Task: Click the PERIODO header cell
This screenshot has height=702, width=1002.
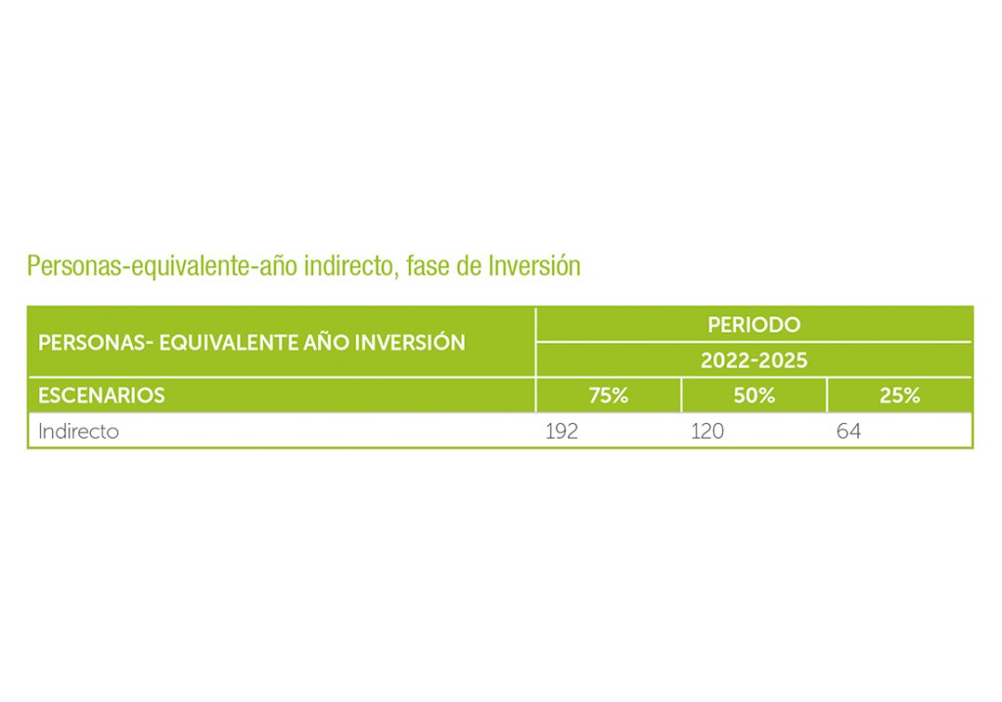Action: pyautogui.click(x=753, y=325)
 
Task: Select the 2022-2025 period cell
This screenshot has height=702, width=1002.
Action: pyautogui.click(x=754, y=360)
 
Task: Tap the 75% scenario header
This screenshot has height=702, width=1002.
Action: pyautogui.click(x=609, y=396)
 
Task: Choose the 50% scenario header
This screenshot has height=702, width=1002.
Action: pyautogui.click(x=754, y=396)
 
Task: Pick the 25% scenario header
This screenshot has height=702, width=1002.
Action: pyautogui.click(x=900, y=396)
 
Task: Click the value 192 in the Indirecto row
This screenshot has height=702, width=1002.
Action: pyautogui.click(x=562, y=431)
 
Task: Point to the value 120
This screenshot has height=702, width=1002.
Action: pyautogui.click(x=707, y=431)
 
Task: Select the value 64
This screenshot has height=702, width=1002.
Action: pyautogui.click(x=848, y=431)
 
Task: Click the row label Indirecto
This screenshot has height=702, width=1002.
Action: pyautogui.click(x=78, y=431)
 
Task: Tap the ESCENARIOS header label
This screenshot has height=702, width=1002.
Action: pyautogui.click(x=102, y=396)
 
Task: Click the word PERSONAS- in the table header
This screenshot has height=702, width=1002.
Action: pyautogui.click(x=96, y=343)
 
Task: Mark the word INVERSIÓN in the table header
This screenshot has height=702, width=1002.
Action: pyautogui.click(x=410, y=342)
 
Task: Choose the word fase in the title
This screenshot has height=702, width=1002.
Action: pyautogui.click(x=428, y=266)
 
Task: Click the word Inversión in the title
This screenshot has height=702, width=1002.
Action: pyautogui.click(x=534, y=266)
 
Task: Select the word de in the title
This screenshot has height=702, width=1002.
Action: pyautogui.click(x=469, y=266)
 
